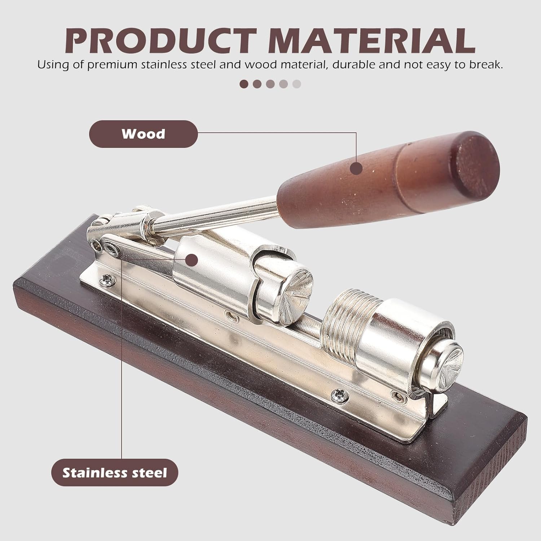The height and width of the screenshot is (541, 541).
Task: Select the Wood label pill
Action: pos(143,134)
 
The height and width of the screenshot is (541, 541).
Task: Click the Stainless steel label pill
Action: pos(115,472)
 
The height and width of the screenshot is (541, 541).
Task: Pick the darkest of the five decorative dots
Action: pos(244,84)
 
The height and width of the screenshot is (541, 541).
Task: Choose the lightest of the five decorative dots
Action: pos(296,84)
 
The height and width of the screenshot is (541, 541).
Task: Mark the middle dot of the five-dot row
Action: pos(270,84)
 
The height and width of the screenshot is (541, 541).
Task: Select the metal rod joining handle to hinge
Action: pos(216,213)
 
